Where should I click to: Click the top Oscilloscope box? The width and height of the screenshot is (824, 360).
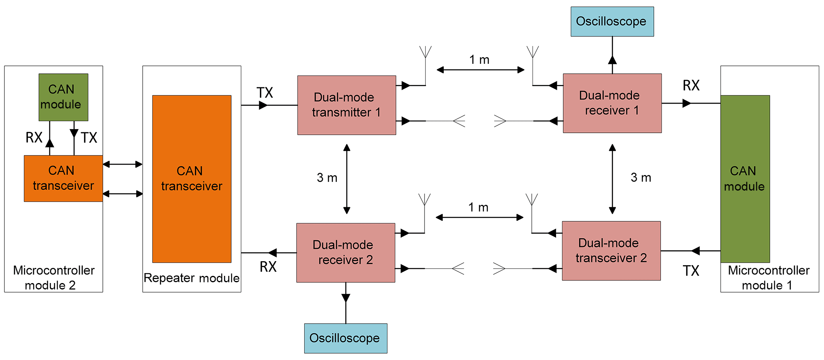click(x=612, y=22)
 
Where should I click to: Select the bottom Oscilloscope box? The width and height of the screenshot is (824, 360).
click(x=345, y=338)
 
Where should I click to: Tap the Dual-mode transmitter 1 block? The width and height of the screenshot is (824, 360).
click(x=346, y=105)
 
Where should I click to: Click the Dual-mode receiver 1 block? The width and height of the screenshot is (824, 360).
click(x=612, y=103)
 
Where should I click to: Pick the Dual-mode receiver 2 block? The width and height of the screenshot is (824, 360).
click(x=345, y=252)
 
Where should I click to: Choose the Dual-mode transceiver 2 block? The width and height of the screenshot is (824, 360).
click(x=611, y=250)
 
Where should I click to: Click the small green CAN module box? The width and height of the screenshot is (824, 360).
click(x=63, y=97)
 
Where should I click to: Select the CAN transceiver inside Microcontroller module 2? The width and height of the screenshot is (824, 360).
click(x=63, y=178)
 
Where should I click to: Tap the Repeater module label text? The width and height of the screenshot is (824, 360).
click(x=191, y=278)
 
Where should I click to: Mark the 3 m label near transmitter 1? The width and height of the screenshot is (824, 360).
click(x=327, y=178)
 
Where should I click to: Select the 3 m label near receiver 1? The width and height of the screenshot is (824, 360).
click(x=641, y=177)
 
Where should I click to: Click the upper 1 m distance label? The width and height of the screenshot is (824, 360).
click(x=479, y=60)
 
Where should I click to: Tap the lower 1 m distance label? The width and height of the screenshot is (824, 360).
click(x=478, y=207)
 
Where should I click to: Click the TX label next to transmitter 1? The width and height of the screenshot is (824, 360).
click(x=265, y=93)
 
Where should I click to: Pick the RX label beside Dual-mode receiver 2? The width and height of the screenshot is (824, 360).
click(x=268, y=267)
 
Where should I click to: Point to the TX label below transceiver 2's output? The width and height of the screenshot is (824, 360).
click(x=691, y=271)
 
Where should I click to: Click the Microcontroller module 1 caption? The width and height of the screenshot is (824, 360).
click(x=768, y=278)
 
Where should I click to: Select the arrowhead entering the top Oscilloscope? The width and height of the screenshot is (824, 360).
click(x=612, y=60)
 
